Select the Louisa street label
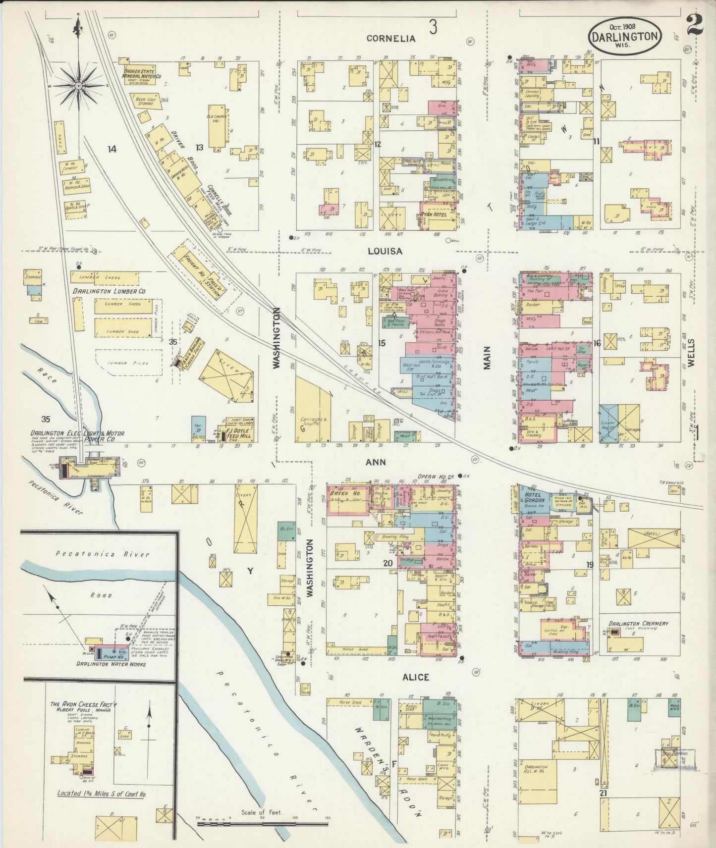[x=385, y=251]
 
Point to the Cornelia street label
[x=390, y=38]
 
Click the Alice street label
[x=415, y=677]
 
